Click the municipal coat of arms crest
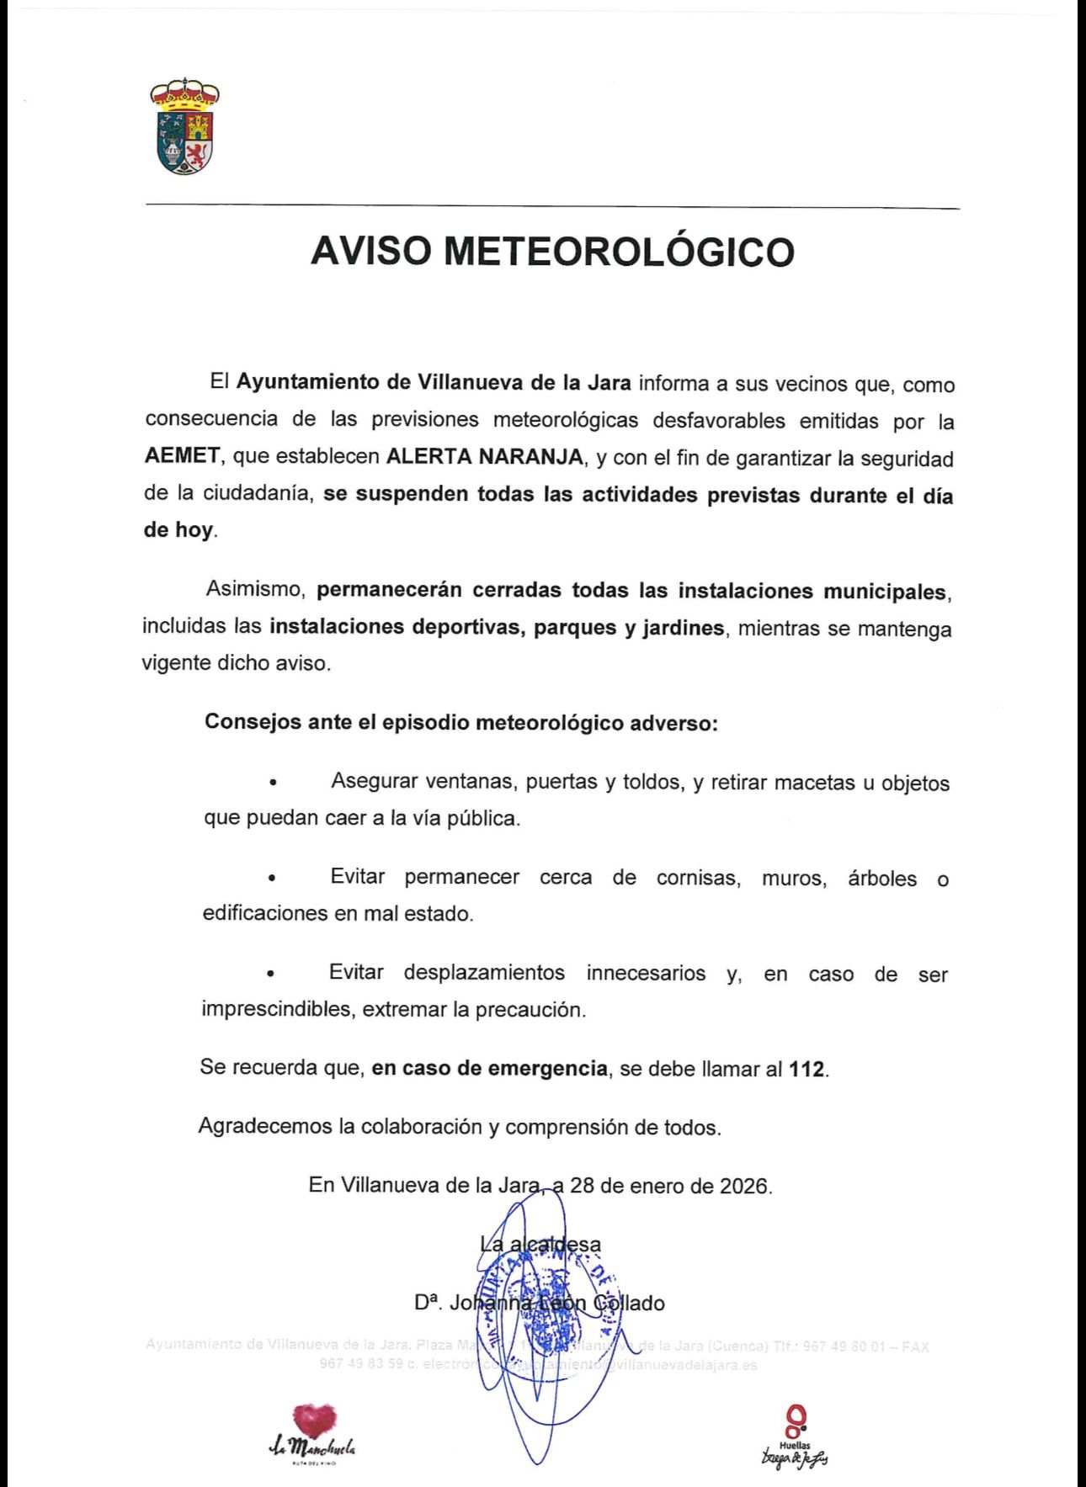click(184, 127)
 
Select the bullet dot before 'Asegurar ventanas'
click(272, 783)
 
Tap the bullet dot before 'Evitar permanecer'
click(271, 879)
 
